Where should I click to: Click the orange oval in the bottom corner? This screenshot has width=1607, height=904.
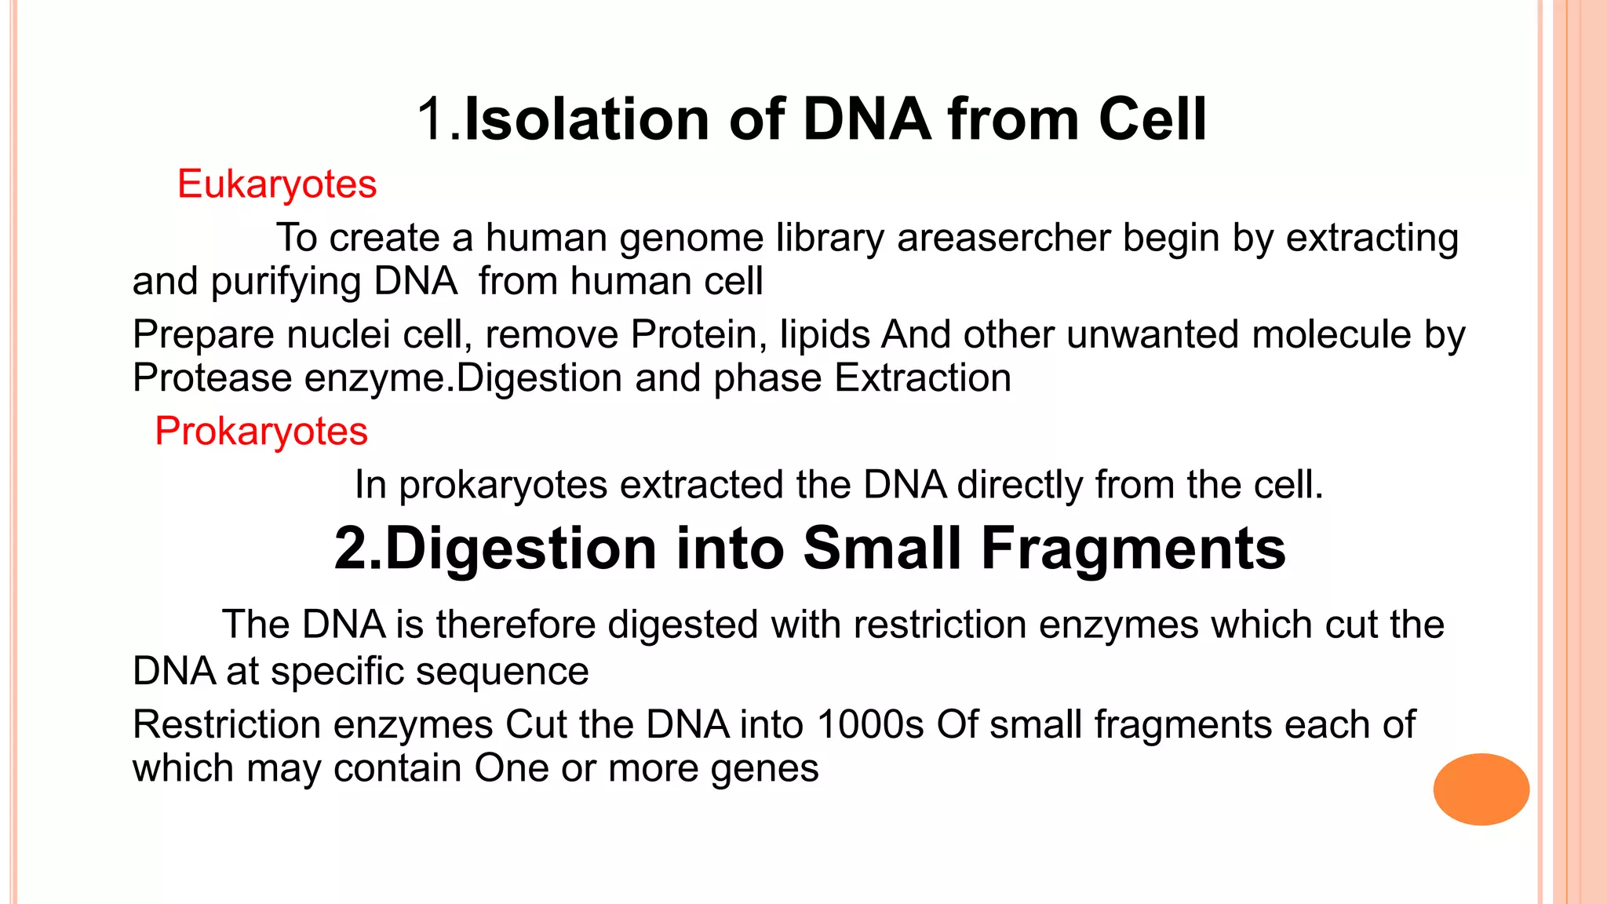pyautogui.click(x=1481, y=789)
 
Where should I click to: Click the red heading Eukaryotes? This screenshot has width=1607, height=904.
pyautogui.click(x=277, y=185)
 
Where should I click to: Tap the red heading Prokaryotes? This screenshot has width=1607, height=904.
pyautogui.click(x=261, y=432)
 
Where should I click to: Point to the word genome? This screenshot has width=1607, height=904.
pyautogui.click(x=691, y=239)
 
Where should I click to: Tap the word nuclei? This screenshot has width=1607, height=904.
pyautogui.click(x=338, y=334)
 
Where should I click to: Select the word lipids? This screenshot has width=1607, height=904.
pyautogui.click(x=825, y=334)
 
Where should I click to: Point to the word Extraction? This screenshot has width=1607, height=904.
pyautogui.click(x=923, y=378)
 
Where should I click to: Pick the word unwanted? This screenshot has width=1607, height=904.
pyautogui.click(x=1153, y=334)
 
